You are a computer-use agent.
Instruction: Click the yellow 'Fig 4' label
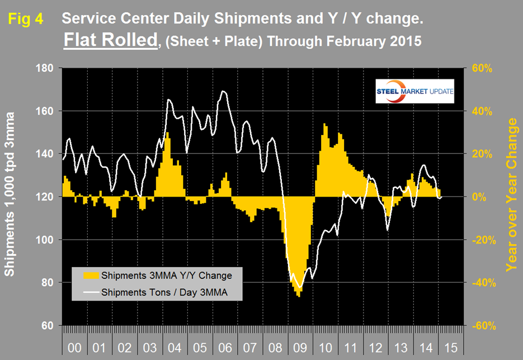[26, 20]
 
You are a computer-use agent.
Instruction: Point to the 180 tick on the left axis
[44, 68]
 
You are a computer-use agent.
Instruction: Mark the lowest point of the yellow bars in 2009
[299, 297]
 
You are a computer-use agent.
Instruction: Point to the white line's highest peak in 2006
[223, 91]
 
